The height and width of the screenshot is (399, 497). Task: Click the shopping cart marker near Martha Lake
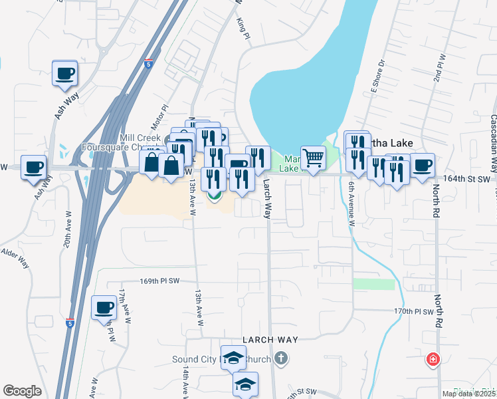pos(313,158)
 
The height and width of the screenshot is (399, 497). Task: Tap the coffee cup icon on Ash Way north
pos(65,73)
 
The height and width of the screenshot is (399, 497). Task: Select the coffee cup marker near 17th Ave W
pos(104,307)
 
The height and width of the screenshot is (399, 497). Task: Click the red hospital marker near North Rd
pos(433,360)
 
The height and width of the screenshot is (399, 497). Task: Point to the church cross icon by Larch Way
pos(281,359)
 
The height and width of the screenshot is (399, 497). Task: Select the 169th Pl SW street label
pos(159,281)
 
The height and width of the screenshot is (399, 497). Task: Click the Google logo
pos(22,391)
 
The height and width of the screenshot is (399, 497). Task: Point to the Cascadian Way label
pos(493,136)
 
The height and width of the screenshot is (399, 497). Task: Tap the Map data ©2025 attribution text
pos(468,394)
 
